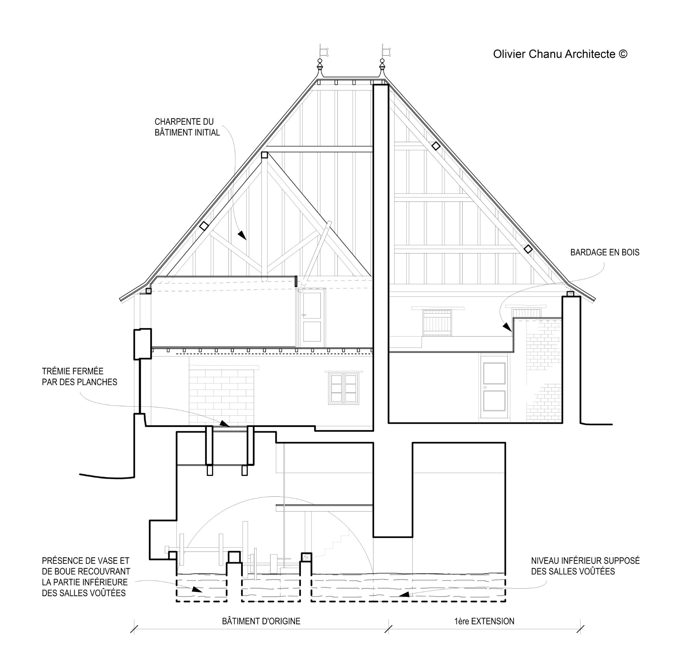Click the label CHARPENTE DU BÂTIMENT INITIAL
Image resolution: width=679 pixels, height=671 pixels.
(x=187, y=127)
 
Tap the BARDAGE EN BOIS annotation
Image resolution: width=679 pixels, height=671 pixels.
(x=605, y=252)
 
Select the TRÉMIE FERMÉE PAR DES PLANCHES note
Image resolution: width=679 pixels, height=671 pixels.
(x=80, y=377)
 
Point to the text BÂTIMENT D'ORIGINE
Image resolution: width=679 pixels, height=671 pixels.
(x=261, y=621)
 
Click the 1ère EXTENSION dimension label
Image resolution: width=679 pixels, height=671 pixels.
(x=484, y=621)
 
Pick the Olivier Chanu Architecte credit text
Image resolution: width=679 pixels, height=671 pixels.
(x=560, y=54)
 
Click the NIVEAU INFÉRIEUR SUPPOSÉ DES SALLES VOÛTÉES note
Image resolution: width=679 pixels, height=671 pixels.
(x=585, y=576)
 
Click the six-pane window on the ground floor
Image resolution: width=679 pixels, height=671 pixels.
(x=343, y=388)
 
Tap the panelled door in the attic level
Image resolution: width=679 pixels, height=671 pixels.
(x=312, y=318)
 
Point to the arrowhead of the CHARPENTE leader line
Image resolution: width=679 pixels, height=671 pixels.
(x=242, y=235)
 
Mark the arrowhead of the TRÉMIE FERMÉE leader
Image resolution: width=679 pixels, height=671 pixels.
(x=224, y=423)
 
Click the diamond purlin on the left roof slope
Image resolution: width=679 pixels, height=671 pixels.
(x=203, y=226)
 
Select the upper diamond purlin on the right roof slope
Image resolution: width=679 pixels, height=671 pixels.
(x=436, y=146)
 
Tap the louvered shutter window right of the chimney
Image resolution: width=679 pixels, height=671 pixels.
(x=437, y=322)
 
